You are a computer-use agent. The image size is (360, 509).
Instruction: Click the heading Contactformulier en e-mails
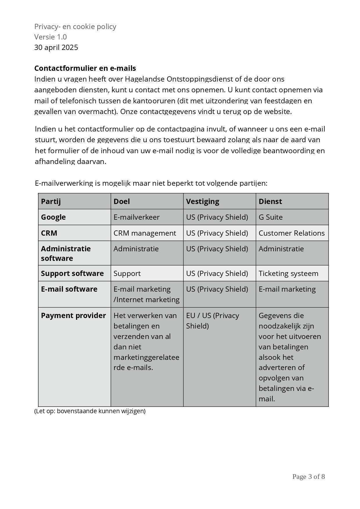(x=85, y=68)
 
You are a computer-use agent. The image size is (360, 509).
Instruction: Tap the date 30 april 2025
(x=56, y=47)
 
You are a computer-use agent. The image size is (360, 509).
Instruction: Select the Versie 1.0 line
(x=51, y=37)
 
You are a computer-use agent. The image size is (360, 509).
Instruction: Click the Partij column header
(x=51, y=201)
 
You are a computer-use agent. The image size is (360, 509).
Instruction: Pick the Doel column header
(x=122, y=201)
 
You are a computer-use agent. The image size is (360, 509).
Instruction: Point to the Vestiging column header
(x=203, y=201)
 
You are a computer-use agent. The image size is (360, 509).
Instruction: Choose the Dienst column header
(x=270, y=201)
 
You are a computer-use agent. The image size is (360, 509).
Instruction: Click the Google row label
(x=53, y=217)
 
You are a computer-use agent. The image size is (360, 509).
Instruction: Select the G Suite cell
(x=271, y=217)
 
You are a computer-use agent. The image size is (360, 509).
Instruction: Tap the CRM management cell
(x=145, y=233)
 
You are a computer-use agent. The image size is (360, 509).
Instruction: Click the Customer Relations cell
(x=291, y=233)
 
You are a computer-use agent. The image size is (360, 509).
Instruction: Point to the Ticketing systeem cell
(x=288, y=273)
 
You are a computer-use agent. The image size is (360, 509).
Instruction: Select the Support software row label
(x=72, y=273)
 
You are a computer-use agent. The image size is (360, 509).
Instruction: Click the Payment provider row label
(x=73, y=315)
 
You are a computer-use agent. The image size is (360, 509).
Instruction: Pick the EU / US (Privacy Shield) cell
(x=213, y=321)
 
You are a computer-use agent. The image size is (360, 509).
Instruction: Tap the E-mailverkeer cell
(x=136, y=217)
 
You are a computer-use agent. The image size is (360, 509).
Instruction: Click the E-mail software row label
(x=69, y=289)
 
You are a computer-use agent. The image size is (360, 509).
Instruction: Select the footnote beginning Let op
(x=90, y=411)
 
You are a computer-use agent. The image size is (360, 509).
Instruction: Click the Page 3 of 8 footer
(x=308, y=476)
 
